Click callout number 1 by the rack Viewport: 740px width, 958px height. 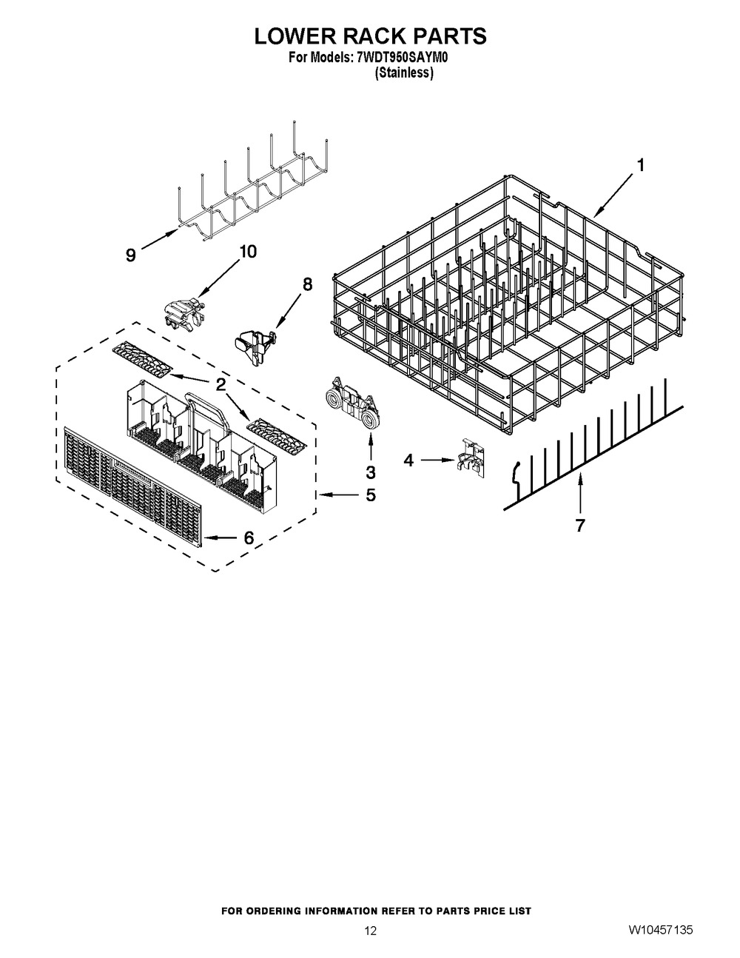[641, 167]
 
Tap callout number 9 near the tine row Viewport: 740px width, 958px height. [130, 255]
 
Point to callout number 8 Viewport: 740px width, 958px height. [308, 284]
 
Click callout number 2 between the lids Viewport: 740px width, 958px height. [221, 384]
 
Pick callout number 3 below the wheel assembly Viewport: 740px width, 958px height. [370, 472]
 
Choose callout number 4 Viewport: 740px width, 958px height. [408, 460]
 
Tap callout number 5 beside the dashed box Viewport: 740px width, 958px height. [370, 495]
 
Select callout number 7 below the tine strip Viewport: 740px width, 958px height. [579, 526]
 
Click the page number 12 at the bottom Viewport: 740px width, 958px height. [370, 931]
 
